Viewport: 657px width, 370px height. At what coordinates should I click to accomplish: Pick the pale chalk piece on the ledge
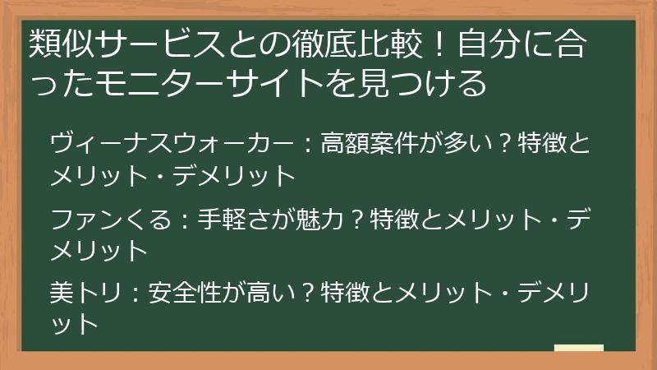click(x=579, y=348)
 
